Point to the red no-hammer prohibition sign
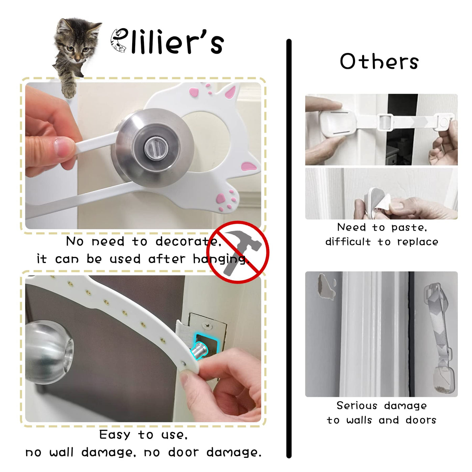click(237, 252)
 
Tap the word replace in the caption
click(418, 242)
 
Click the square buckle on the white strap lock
click(385, 122)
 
